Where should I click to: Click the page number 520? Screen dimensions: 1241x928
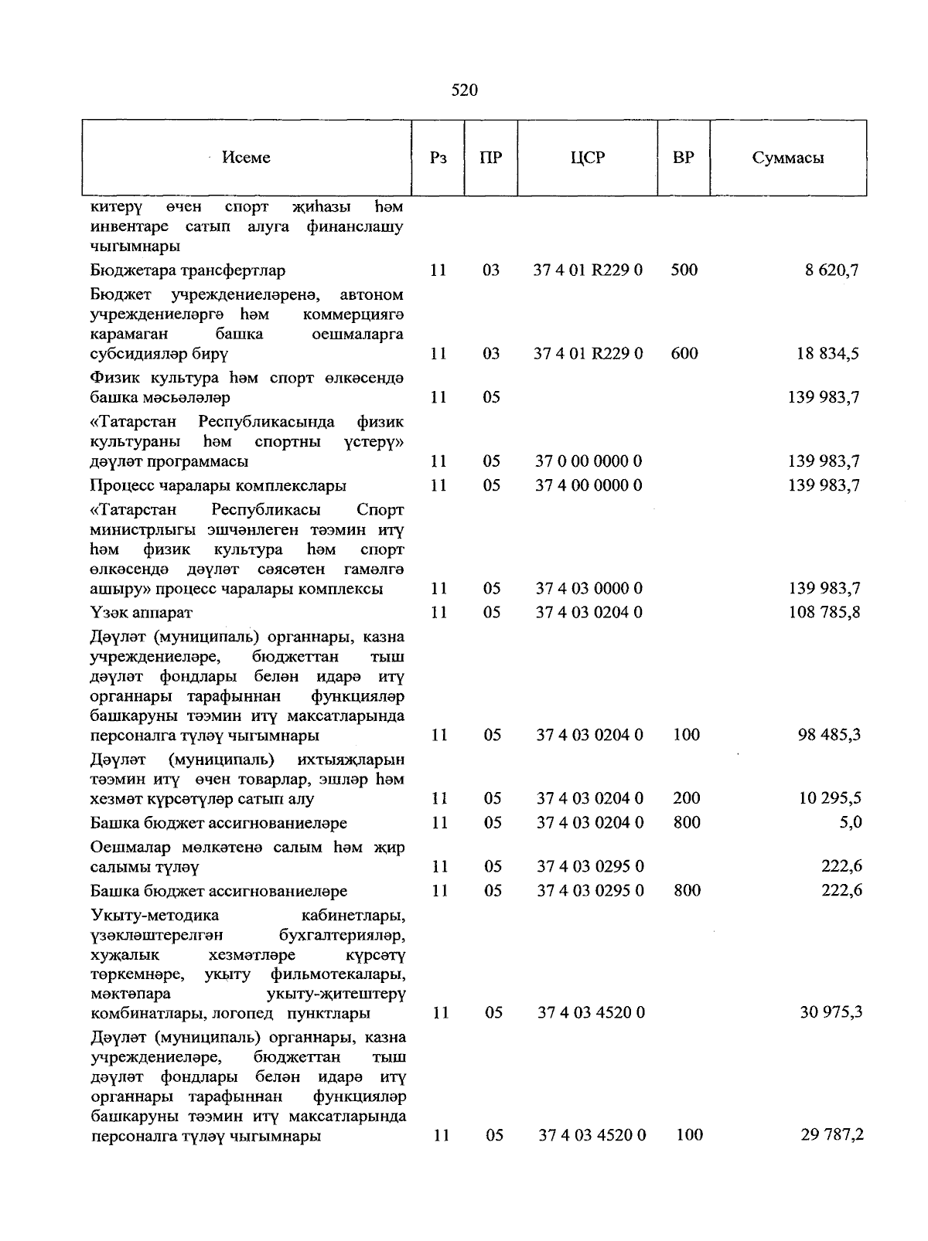[x=464, y=90]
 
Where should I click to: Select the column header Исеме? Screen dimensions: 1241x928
[x=246, y=158]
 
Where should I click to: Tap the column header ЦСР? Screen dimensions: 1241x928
[x=588, y=158]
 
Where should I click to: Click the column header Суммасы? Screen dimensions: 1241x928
[x=787, y=158]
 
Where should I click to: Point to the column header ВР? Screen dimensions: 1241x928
[x=683, y=158]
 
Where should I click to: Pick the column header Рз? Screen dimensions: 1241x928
[x=438, y=158]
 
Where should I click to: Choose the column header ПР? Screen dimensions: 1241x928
[x=490, y=158]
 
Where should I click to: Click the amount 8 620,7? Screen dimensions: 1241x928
[x=834, y=270]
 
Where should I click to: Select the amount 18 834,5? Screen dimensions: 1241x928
[x=828, y=354]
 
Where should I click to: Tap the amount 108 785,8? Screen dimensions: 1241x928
[x=824, y=613]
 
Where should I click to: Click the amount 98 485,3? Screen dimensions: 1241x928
[x=829, y=735]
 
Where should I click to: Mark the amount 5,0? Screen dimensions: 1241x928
[x=850, y=822]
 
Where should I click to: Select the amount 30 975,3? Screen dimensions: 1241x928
[x=831, y=1012]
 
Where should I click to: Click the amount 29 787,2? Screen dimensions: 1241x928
[x=831, y=1135]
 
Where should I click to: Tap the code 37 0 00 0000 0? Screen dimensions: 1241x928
[x=589, y=461]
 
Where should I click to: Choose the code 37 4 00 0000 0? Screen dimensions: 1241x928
[x=589, y=485]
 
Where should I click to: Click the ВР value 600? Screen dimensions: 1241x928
[x=684, y=354]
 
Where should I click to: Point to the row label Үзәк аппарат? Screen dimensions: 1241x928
[x=142, y=613]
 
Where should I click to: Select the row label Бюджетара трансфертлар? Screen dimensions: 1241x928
[x=188, y=270]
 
